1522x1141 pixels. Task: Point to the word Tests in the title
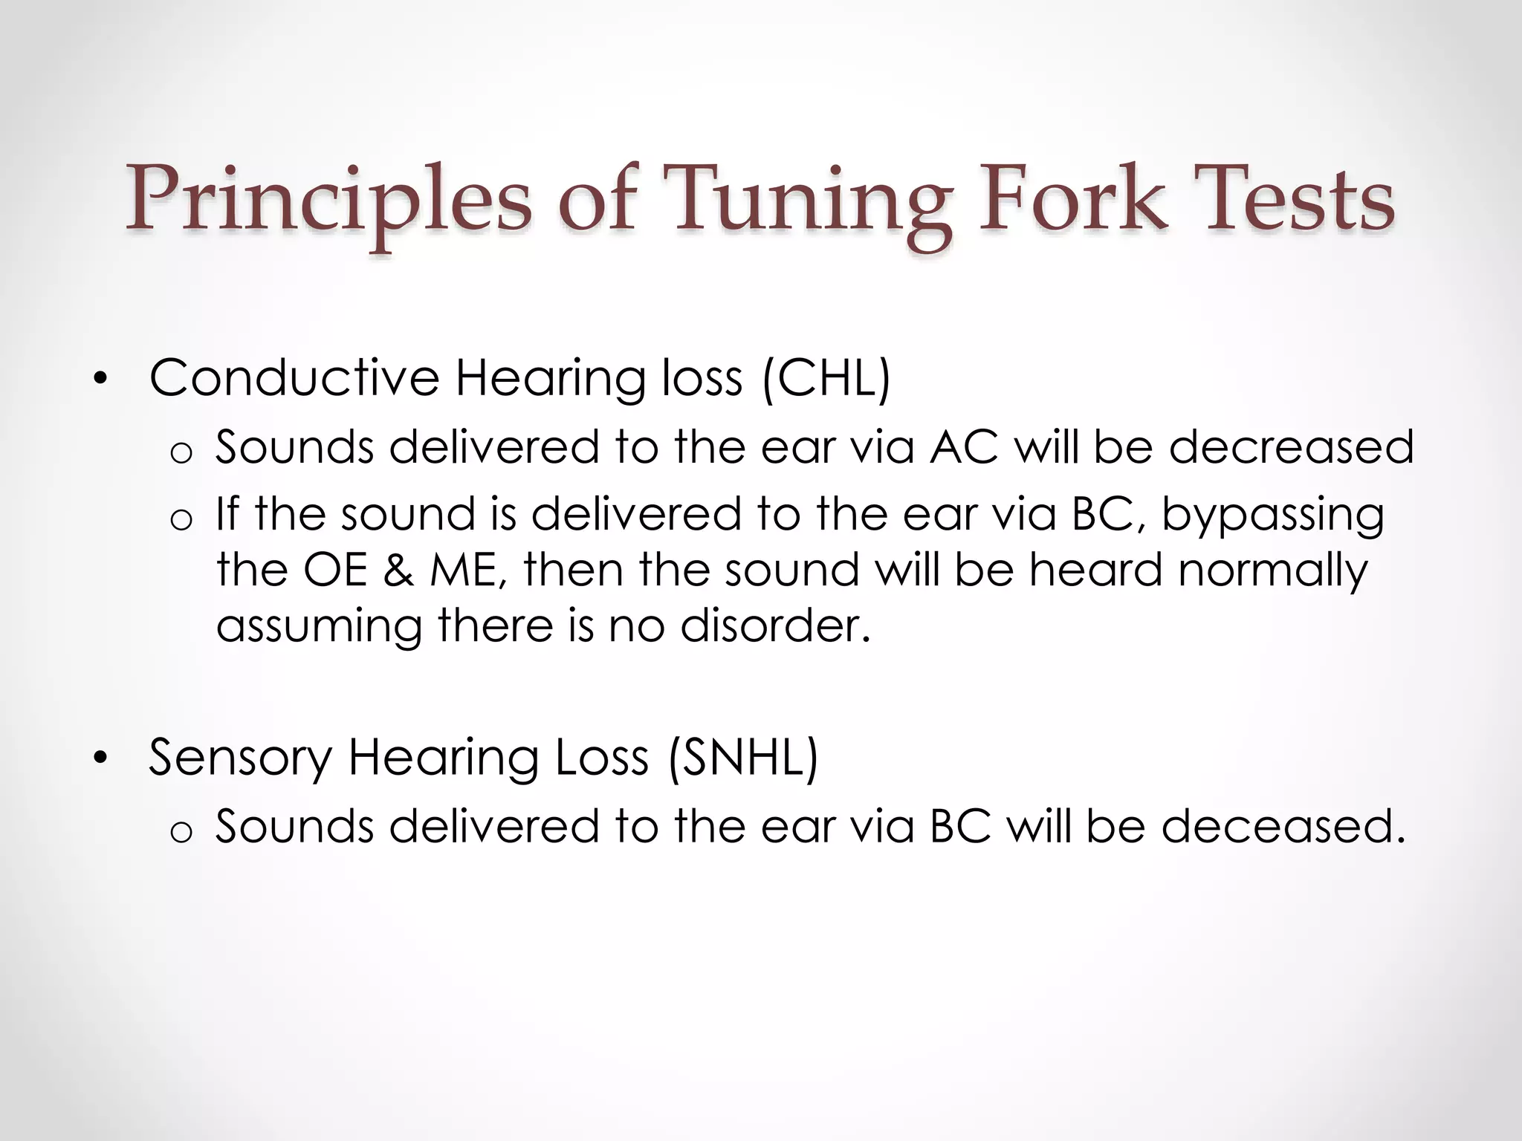(x=1298, y=199)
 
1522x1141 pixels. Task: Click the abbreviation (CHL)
(x=826, y=378)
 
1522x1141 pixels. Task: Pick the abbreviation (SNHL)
(x=742, y=758)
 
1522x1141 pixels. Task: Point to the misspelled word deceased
(x=1283, y=826)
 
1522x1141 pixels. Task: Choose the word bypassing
(x=1273, y=516)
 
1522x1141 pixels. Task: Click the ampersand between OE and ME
(x=398, y=570)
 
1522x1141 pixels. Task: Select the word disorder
(x=774, y=625)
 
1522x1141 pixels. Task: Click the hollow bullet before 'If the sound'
(x=181, y=520)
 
